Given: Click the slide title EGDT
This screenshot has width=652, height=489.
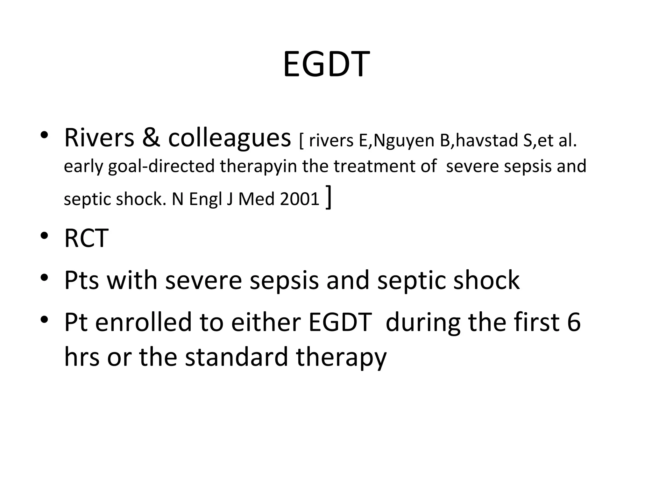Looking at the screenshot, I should coord(326,65).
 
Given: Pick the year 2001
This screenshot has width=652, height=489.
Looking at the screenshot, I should coord(300,199).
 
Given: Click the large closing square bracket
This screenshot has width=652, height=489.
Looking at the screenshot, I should coord(329,197).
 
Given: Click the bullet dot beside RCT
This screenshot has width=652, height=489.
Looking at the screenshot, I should coord(44,236).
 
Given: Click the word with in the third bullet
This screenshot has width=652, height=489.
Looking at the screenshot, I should coord(132,280).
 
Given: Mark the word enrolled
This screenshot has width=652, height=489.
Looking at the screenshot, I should coord(143,322).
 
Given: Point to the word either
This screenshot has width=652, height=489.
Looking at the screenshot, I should coord(266,322).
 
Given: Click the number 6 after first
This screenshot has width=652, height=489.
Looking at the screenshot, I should coord(574,322).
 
